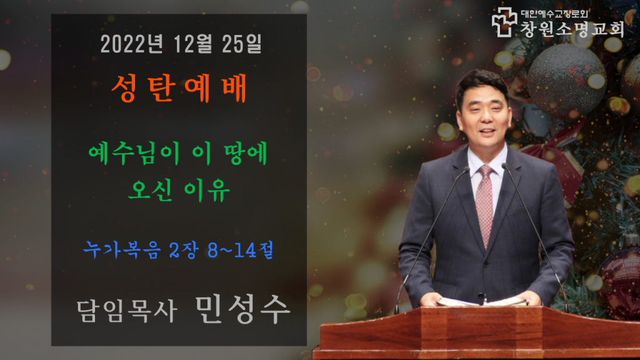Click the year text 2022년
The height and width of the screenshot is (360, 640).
[132, 44]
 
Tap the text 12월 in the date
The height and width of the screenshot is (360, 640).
[192, 44]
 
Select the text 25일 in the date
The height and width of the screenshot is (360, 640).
[242, 44]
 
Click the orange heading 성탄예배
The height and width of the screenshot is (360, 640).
[179, 88]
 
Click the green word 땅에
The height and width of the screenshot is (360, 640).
[246, 154]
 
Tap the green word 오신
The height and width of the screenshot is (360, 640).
[150, 190]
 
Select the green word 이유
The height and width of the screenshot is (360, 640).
[207, 190]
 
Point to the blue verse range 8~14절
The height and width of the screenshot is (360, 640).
[241, 249]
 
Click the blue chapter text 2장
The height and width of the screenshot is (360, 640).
[184, 249]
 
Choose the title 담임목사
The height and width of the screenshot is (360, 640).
[127, 311]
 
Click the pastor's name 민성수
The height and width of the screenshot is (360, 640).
[242, 309]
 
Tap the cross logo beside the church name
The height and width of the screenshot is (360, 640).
[504, 22]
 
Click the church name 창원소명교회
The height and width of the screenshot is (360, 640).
[572, 29]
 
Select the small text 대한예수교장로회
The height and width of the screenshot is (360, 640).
[554, 14]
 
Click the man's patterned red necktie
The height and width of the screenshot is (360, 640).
[485, 204]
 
